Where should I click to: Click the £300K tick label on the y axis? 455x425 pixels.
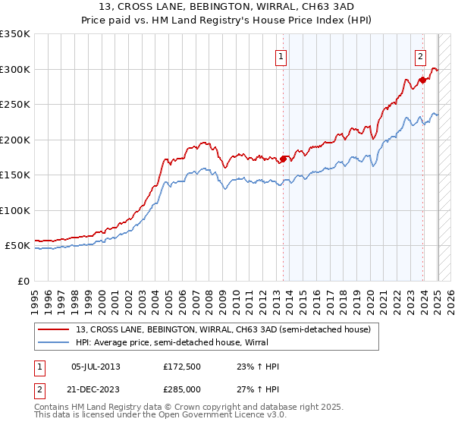[x=15, y=69]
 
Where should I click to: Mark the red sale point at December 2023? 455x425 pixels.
[x=422, y=80]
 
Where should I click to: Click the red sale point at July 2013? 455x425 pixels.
[x=283, y=159]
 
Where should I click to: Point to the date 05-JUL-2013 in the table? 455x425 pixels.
[x=96, y=367]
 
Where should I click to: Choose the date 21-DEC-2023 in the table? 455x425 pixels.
[x=96, y=388]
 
